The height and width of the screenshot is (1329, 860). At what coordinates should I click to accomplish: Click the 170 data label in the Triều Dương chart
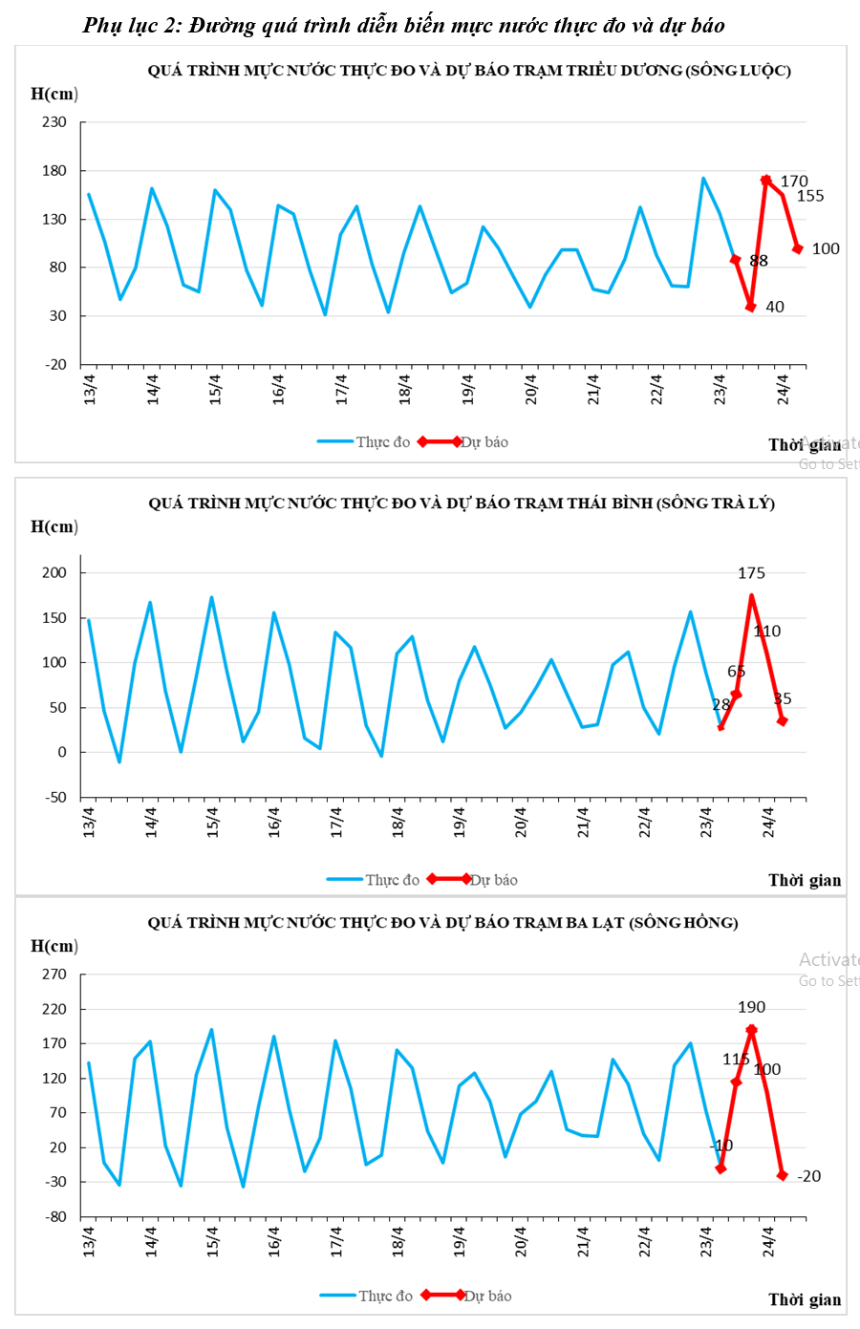[x=793, y=181]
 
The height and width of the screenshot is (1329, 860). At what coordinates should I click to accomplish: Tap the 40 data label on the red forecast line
[x=774, y=307]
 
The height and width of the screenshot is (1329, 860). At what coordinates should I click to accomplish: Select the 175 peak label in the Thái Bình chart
[x=751, y=573]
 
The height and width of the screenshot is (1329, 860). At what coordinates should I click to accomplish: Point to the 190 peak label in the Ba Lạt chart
[x=751, y=1007]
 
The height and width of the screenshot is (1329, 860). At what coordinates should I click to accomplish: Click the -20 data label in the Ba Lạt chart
[x=808, y=1176]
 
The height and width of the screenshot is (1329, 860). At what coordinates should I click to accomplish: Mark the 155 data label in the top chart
[x=809, y=196]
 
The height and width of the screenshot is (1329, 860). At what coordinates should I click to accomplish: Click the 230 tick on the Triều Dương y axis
[x=54, y=122]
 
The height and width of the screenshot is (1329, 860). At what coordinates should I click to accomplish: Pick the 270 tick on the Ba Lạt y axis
[x=54, y=975]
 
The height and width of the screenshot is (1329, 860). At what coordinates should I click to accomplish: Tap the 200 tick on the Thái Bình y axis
[x=54, y=573]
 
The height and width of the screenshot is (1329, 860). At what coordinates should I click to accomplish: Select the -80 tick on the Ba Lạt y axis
[x=54, y=1216]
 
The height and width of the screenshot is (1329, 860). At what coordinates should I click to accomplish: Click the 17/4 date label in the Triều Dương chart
[x=341, y=390]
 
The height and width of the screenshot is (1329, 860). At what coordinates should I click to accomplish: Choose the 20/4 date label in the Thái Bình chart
[x=522, y=823]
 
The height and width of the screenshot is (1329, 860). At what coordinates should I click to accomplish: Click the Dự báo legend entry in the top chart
[x=484, y=442]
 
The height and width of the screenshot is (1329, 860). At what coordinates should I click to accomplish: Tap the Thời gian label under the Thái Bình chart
[x=805, y=880]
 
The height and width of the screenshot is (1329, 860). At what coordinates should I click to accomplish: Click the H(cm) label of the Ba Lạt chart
[x=54, y=946]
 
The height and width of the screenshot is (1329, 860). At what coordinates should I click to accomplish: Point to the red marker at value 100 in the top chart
[x=797, y=248]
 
